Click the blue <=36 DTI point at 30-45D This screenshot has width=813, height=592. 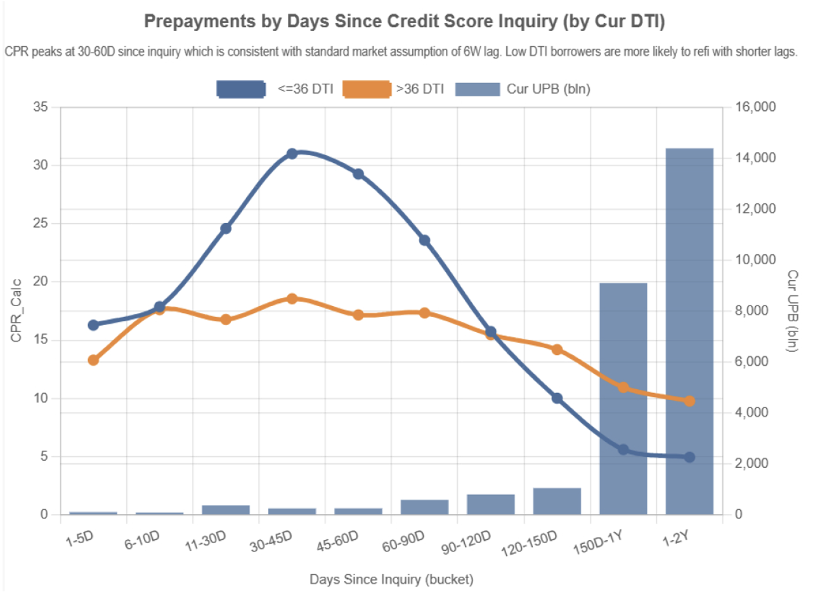(292, 153)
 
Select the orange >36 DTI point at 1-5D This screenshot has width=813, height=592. (93, 360)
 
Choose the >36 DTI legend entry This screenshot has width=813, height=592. (393, 89)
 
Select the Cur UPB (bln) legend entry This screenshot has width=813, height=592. (523, 89)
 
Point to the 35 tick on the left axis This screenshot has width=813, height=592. (41, 107)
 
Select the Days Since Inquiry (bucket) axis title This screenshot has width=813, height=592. (391, 579)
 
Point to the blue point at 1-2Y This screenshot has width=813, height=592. (689, 457)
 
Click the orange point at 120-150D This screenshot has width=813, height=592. (557, 349)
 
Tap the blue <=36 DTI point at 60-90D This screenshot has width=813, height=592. (425, 240)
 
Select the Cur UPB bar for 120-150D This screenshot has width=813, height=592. (557, 501)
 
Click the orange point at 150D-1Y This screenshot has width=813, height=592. (623, 387)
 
